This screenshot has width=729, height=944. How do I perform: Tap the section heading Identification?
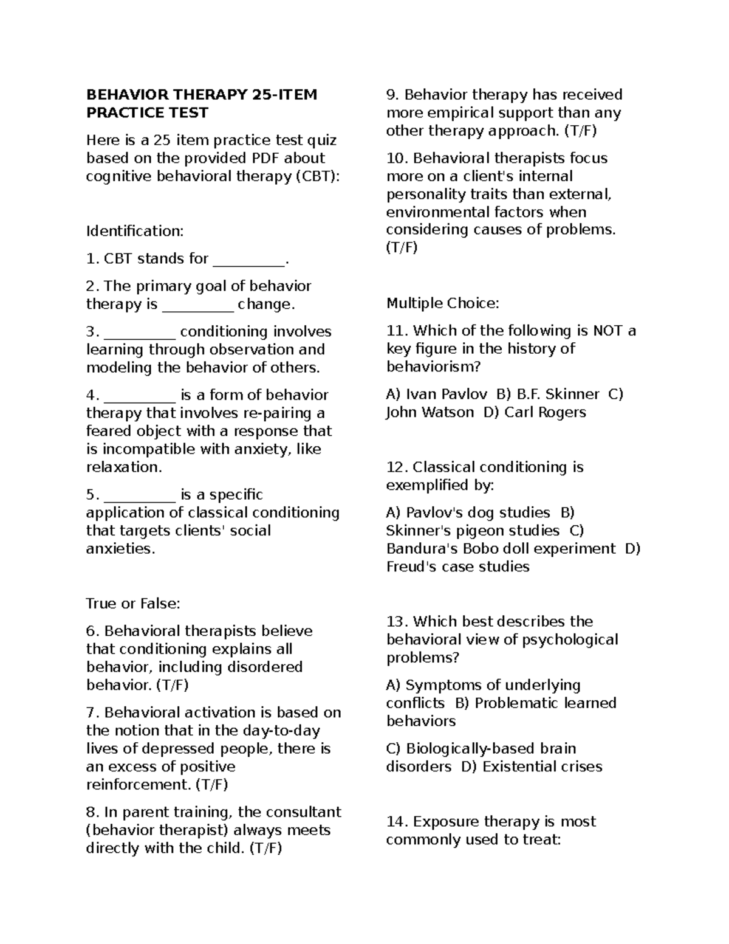(134, 231)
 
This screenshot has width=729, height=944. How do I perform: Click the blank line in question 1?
(248, 260)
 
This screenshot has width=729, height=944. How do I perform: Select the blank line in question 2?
(198, 306)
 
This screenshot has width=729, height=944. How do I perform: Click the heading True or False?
(133, 604)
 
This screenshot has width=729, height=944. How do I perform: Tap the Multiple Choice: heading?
(442, 303)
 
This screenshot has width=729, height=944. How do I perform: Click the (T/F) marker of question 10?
(402, 248)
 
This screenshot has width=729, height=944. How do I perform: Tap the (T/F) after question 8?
(265, 848)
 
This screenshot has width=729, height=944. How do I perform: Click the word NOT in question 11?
(607, 331)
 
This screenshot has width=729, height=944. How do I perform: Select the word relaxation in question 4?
(123, 467)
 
